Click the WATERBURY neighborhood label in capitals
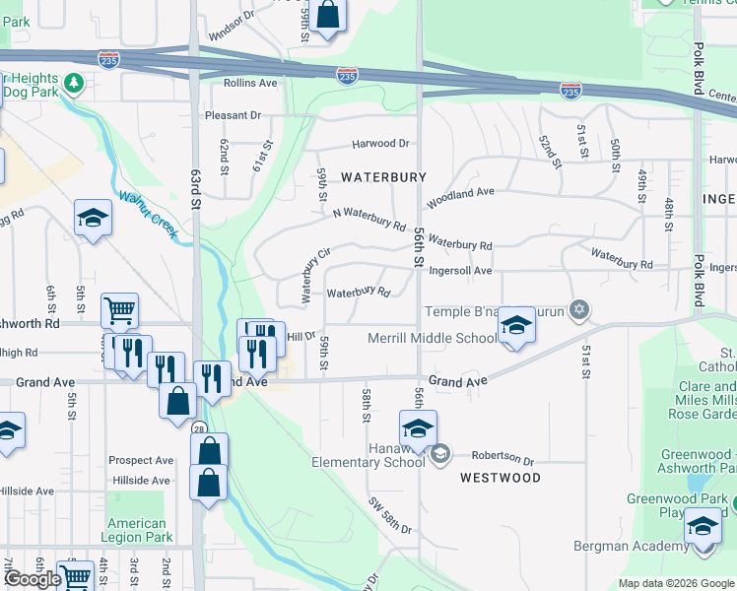(x=383, y=177)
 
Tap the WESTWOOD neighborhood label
(x=501, y=478)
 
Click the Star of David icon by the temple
(x=579, y=311)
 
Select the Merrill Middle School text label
(x=433, y=339)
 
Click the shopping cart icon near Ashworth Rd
(x=119, y=310)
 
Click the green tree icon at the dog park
(x=74, y=84)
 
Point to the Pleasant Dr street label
(x=233, y=115)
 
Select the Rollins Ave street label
(x=250, y=84)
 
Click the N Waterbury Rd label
(x=369, y=219)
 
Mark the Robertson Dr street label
(x=502, y=458)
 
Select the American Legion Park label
(x=137, y=530)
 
